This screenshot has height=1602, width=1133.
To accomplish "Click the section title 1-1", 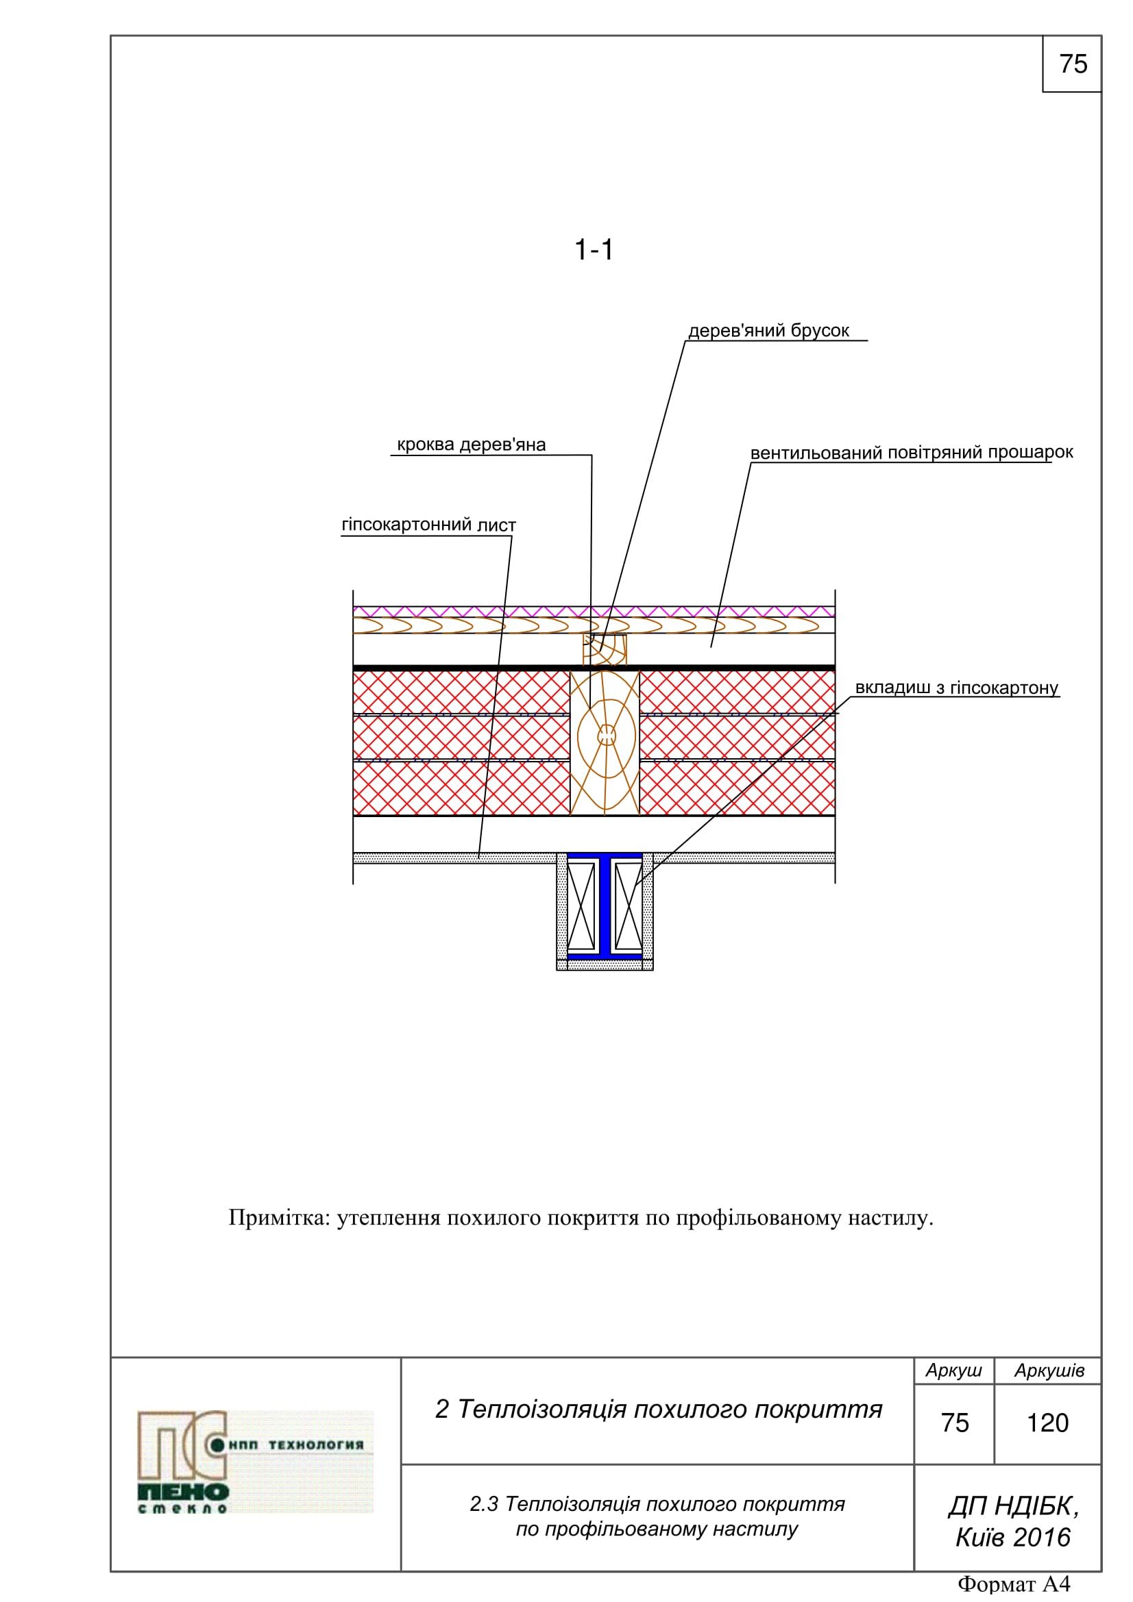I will (593, 250).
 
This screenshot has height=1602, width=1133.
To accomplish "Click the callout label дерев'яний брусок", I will (768, 331).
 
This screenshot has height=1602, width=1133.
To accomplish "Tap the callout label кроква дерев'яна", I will (470, 445).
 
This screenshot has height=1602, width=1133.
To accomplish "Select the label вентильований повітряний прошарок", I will (910, 452).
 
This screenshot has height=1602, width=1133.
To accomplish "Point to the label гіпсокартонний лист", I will (428, 525).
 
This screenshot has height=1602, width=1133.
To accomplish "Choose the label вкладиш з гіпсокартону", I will (955, 687).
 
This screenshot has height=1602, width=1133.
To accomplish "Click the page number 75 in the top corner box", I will (1072, 64).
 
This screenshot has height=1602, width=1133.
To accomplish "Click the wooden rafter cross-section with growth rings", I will (605, 742).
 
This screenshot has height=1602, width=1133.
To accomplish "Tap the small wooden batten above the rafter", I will (605, 649).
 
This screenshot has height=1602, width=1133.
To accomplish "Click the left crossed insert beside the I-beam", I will (581, 906).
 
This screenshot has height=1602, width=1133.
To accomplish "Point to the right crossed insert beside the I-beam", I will (629, 906).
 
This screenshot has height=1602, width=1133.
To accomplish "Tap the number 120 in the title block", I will (1047, 1423).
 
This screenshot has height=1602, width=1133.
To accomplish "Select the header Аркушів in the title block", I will (1049, 1371).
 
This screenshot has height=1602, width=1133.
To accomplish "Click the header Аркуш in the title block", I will (953, 1371).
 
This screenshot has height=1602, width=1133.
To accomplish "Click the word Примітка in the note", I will (277, 1218).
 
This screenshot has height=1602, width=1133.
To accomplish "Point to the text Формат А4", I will (1013, 1584).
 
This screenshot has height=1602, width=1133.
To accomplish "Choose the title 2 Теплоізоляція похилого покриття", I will (657, 1409).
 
